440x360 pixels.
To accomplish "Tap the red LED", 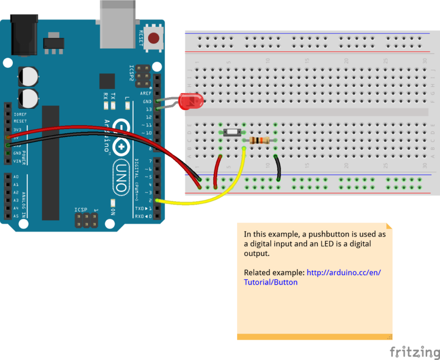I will (x=189, y=101).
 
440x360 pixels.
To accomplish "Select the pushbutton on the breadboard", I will (x=232, y=132).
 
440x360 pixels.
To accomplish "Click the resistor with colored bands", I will (x=260, y=140).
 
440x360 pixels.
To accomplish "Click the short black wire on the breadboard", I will (x=278, y=168).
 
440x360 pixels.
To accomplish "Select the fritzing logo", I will (x=414, y=351).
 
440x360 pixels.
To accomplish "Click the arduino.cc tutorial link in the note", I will (x=344, y=273).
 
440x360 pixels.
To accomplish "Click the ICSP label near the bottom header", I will (x=81, y=210).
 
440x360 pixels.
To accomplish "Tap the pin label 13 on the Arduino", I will (x=149, y=109).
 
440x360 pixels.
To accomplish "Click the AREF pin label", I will (x=146, y=93).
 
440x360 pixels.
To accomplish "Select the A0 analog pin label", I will (x=16, y=177).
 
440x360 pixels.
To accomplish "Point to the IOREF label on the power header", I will (x=20, y=114).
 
